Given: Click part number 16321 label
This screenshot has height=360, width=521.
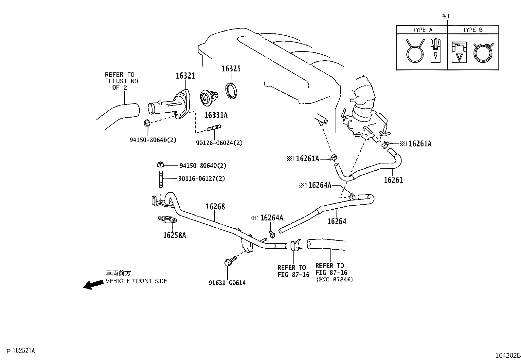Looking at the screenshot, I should tap(185, 76).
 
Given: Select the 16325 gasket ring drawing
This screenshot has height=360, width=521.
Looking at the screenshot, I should tap(232, 91).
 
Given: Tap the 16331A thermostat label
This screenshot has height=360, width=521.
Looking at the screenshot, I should tap(216, 115).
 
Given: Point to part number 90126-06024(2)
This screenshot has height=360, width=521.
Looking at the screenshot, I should tap(219, 143).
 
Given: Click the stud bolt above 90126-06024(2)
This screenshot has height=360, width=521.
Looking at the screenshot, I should tap(214, 128).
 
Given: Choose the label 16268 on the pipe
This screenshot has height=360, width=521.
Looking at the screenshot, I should tap(215, 207).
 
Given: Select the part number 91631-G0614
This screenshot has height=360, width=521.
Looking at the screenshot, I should tap(227, 283).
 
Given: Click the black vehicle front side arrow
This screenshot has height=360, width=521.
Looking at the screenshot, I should tap(93, 284).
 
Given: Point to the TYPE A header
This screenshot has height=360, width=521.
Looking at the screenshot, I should tap(422, 30).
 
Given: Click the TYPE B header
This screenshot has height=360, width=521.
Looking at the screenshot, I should tap(473, 30).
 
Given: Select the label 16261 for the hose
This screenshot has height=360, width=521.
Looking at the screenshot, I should tap(393, 180).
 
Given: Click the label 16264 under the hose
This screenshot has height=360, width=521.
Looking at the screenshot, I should tap(337, 221).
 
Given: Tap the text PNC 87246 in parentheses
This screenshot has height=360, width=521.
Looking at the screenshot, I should tap(334, 280).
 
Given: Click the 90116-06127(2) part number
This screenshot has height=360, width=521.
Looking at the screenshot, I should tap(202, 179).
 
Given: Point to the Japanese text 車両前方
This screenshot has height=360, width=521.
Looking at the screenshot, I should tap(118, 273).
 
